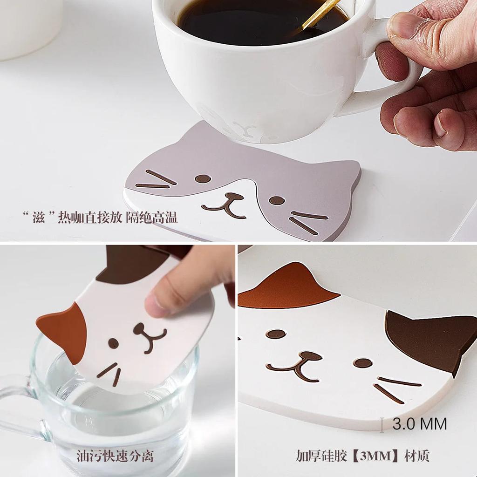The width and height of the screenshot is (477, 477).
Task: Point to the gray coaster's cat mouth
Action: [225, 204]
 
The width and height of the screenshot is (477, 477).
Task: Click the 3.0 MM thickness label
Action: [419, 424]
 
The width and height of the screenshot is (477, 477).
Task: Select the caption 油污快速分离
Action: [115, 456]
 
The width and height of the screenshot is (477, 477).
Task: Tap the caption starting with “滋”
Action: [101, 217]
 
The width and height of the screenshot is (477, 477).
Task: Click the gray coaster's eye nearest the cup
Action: [203, 178]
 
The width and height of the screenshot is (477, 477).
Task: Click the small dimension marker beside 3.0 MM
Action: [382, 424]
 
